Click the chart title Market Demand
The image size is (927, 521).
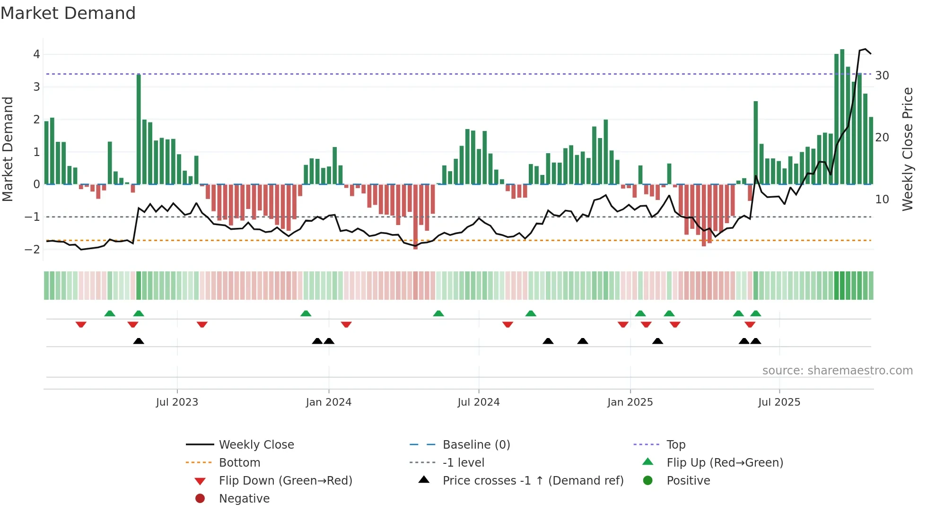68,13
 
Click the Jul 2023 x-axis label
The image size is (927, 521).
177,402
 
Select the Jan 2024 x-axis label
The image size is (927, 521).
328,402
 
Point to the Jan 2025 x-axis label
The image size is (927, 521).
630,402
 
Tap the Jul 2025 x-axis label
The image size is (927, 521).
779,402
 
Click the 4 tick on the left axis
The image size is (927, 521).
36,54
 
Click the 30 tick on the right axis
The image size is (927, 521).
882,76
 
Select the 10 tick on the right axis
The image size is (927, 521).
882,200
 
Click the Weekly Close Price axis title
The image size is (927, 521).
907,149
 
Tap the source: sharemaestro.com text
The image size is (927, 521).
837,371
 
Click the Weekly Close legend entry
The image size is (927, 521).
256,445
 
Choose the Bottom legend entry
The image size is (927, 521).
239,463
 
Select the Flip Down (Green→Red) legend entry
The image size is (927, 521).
285,481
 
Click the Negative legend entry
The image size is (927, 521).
244,499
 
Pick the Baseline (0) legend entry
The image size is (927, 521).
476,445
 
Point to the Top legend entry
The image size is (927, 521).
675,445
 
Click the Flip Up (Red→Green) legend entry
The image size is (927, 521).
725,463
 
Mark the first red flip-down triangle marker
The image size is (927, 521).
81,324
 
